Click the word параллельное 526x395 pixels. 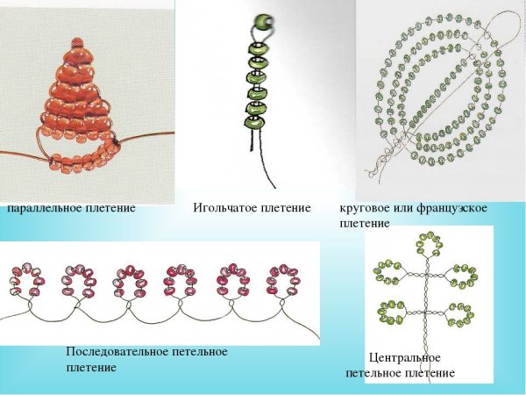pos(42,208)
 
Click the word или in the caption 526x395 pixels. pos(404,208)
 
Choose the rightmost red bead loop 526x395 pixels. pos(284,279)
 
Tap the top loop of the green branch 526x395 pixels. pos(429,246)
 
